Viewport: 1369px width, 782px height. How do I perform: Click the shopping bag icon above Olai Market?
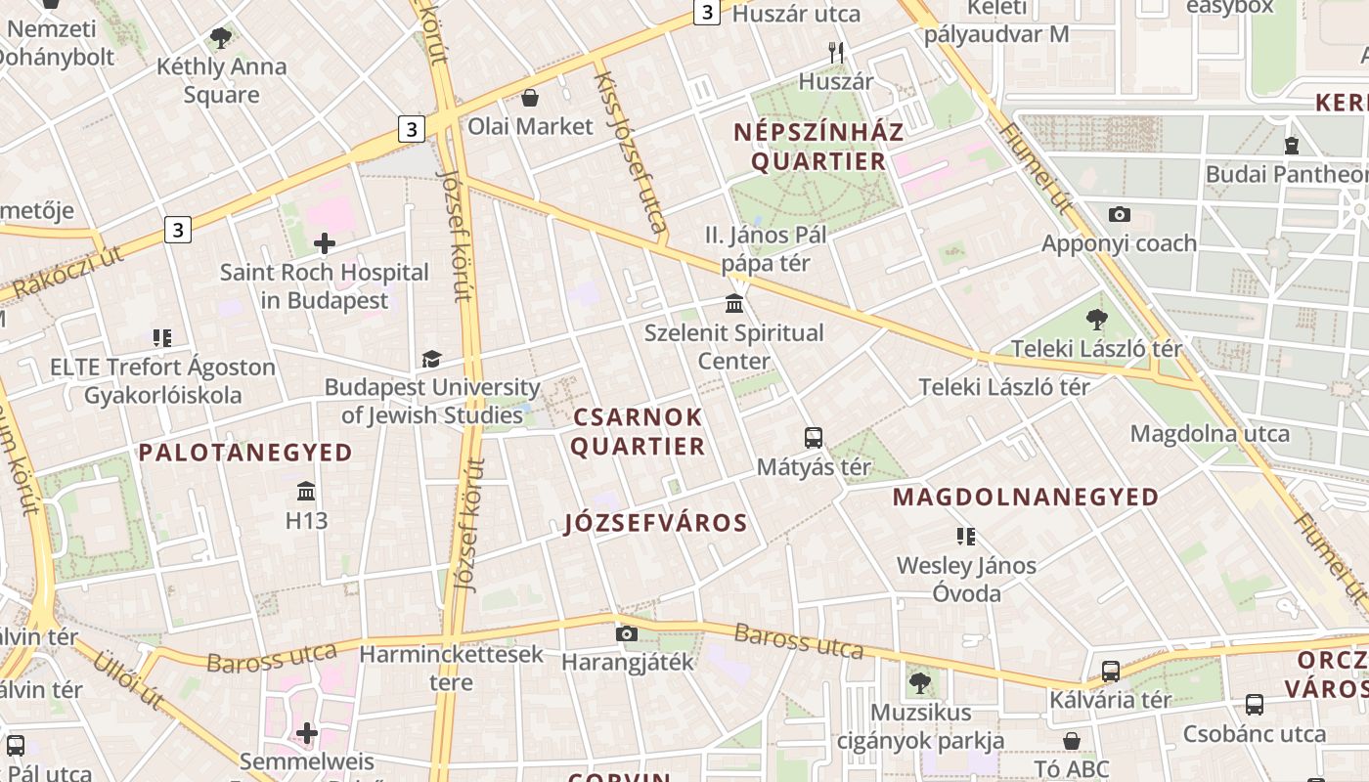point(530,98)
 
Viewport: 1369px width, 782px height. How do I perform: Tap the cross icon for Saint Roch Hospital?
point(325,243)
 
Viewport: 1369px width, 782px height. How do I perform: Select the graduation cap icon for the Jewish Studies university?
point(431,360)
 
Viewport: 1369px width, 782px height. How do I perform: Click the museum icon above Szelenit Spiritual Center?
point(734,304)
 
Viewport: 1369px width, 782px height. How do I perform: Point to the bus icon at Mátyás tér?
point(814,438)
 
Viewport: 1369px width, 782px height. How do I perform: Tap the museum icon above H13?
point(306,491)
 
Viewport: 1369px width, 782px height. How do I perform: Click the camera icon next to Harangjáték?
point(627,633)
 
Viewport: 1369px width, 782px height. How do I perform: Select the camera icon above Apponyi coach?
point(1120,214)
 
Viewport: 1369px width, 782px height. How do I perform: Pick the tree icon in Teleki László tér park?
point(1096,319)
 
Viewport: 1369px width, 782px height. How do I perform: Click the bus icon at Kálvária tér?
point(1110,672)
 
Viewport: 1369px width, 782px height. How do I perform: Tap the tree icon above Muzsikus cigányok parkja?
point(919,682)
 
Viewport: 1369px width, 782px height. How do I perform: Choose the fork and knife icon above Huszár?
point(836,53)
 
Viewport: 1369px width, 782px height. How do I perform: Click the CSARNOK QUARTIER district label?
point(638,432)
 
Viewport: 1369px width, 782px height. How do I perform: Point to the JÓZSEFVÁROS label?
point(656,523)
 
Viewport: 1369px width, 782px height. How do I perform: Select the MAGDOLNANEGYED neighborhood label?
point(1025,498)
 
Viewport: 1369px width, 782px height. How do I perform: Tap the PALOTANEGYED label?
point(244,453)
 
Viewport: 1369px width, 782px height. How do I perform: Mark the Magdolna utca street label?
point(1210,433)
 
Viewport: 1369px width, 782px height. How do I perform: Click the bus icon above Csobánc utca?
point(1254,704)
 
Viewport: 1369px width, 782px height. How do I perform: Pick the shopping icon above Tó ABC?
point(1072,740)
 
